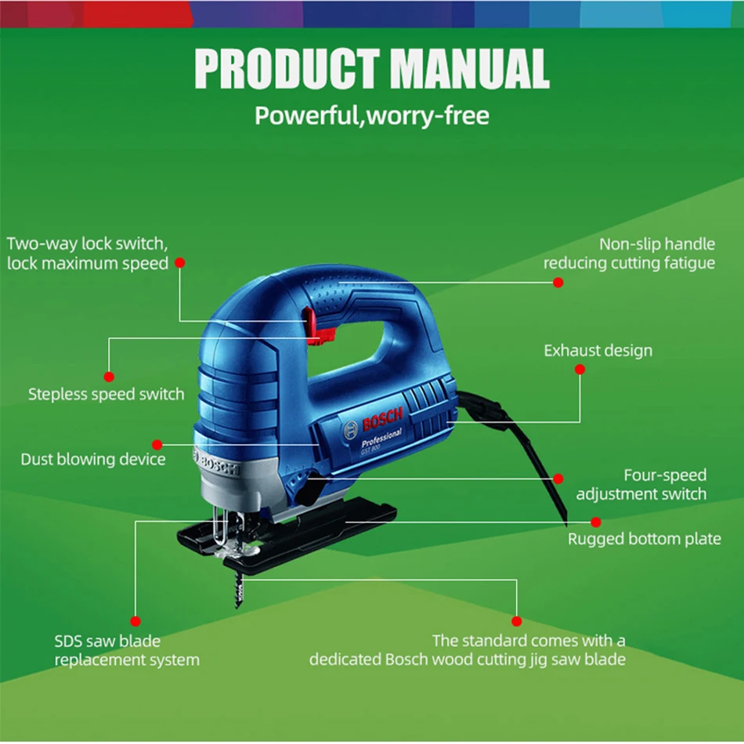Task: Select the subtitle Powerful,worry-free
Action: click(x=372, y=116)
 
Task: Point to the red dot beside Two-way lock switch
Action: click(x=179, y=263)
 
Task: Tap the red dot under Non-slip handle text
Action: click(x=558, y=282)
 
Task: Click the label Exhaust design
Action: click(x=598, y=350)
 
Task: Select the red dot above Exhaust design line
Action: click(x=580, y=369)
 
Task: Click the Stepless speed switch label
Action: click(x=106, y=394)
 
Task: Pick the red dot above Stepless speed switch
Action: click(x=109, y=377)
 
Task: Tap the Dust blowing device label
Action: click(x=92, y=459)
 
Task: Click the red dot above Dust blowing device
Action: click(x=157, y=444)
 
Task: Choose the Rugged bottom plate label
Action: click(x=644, y=539)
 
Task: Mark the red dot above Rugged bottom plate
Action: click(x=596, y=522)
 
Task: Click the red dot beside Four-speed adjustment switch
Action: click(x=558, y=479)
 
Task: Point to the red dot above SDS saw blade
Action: click(x=135, y=621)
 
